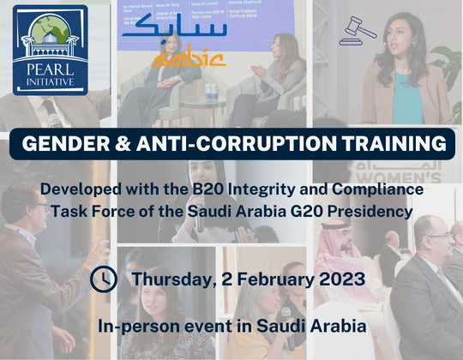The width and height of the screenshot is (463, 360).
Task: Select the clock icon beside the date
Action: (x=104, y=279)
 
